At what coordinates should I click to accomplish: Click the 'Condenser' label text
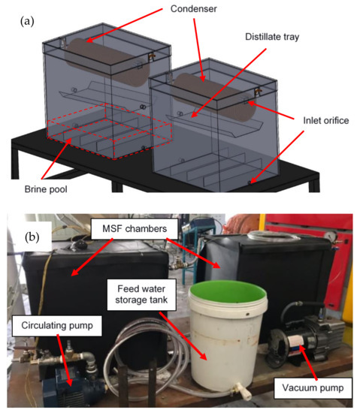(194, 9)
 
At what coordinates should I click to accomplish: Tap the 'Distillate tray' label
(272, 37)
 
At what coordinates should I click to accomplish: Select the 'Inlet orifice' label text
(326, 120)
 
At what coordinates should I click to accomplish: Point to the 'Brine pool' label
(46, 189)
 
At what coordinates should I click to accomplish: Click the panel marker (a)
(27, 21)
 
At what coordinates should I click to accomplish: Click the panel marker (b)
(32, 237)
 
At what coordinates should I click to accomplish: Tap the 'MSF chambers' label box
(135, 228)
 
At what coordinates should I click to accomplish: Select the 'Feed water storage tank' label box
(141, 294)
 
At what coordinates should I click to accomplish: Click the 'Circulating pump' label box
(57, 326)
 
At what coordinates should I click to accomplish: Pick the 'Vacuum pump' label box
(313, 388)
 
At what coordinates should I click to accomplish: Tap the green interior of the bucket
(228, 292)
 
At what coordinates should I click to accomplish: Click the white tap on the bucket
(244, 390)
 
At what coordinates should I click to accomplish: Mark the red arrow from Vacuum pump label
(308, 362)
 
